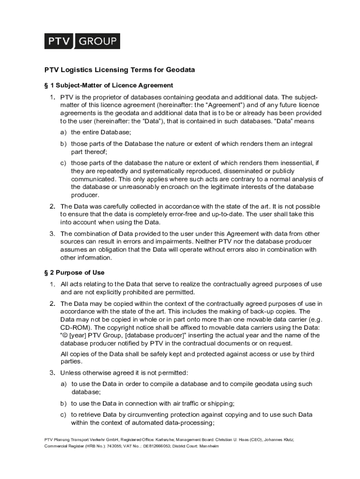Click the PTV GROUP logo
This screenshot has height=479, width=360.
(x=82, y=41)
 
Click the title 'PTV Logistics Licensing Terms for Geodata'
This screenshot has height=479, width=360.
(x=119, y=70)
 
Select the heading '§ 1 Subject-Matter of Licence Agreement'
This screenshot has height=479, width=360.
(x=108, y=85)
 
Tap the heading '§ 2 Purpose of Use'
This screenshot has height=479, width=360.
(x=74, y=273)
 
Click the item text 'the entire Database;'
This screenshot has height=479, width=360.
(x=100, y=132)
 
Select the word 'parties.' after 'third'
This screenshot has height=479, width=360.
(x=72, y=362)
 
